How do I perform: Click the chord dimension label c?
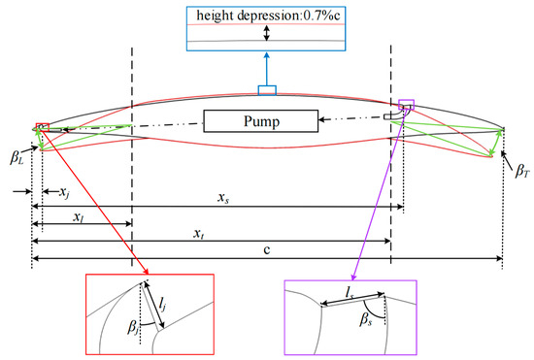(266, 251)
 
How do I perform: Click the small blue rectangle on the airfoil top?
(266, 91)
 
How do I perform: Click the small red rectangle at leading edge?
(42, 125)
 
